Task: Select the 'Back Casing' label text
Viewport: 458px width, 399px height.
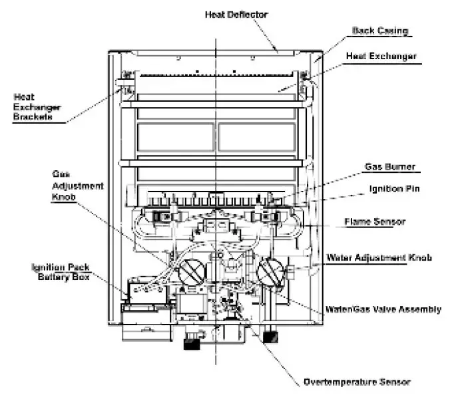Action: [x=379, y=31]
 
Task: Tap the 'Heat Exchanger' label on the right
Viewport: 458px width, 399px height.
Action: [x=381, y=57]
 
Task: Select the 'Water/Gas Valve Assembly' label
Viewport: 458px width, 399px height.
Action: [x=382, y=309]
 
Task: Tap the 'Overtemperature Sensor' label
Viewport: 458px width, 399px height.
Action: [x=357, y=382]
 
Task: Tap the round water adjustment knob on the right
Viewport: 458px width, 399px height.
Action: [x=272, y=273]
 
